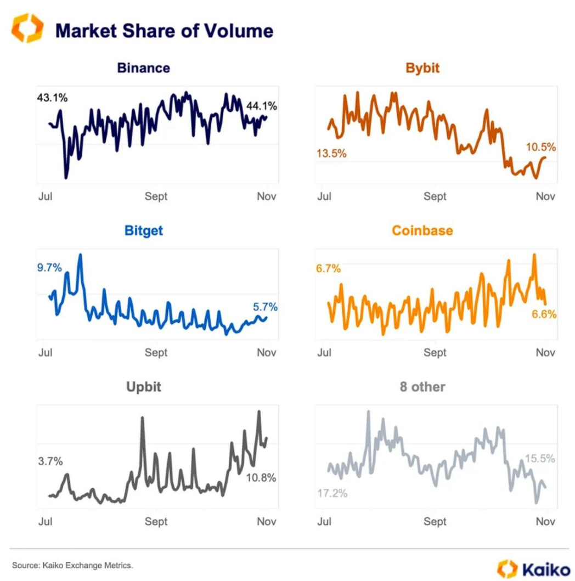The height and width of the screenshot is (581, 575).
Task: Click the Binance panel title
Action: (x=143, y=68)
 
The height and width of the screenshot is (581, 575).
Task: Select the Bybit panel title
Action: (x=422, y=68)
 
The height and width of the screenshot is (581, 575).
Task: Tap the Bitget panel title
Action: (x=143, y=230)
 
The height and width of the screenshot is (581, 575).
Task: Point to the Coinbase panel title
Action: (x=422, y=230)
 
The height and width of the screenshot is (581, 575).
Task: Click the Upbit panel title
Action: (x=143, y=387)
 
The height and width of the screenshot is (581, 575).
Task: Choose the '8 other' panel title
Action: (x=422, y=387)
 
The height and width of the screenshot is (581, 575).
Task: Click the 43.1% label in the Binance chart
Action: (x=52, y=98)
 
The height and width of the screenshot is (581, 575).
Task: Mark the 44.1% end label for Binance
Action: (x=262, y=106)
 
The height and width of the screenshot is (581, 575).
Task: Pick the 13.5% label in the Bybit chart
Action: (x=331, y=153)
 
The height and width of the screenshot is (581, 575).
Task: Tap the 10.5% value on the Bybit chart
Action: (x=541, y=147)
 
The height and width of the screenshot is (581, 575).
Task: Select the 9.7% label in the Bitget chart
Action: (x=50, y=268)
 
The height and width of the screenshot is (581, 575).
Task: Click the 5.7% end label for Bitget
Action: (x=265, y=307)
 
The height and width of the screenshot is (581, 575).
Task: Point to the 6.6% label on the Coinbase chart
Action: (x=544, y=314)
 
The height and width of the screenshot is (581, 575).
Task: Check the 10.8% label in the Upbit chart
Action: (x=261, y=478)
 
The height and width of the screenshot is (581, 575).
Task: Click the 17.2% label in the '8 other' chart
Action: (x=332, y=493)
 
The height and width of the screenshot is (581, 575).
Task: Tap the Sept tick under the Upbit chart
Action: (x=156, y=521)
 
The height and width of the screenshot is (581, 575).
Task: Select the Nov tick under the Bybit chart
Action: (x=545, y=196)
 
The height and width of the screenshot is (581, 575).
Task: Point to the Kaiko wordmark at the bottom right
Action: (x=539, y=568)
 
